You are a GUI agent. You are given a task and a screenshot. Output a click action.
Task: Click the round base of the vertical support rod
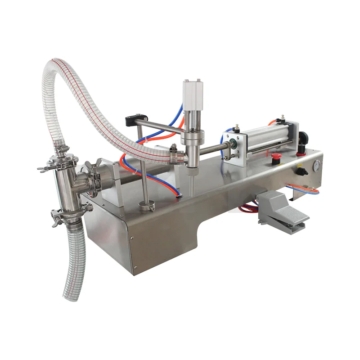click(146, 206)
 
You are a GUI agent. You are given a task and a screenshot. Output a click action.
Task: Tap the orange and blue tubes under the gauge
click(306, 189)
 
